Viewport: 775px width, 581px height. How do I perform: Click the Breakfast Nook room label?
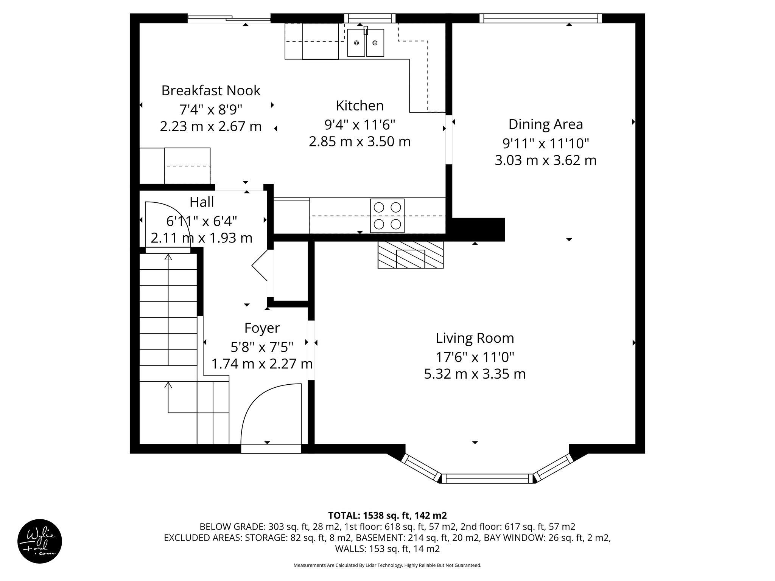pos(211,91)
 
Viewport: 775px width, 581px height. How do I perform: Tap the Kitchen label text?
pos(359,106)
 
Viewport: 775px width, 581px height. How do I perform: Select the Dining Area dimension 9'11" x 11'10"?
pos(545,143)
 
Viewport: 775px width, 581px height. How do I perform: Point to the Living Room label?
pos(475,338)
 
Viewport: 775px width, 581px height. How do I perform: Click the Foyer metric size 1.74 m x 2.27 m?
pos(262,364)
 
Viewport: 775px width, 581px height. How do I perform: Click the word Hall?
pos(202,202)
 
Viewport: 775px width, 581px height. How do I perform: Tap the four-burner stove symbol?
pos(387,216)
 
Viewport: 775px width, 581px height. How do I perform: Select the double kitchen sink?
pos(366,43)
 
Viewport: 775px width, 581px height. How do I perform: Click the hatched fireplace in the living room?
pos(410,255)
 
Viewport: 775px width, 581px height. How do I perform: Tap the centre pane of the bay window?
pos(487,478)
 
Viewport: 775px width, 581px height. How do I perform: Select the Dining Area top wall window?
pos(540,18)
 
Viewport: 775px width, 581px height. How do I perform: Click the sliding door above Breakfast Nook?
pos(229,18)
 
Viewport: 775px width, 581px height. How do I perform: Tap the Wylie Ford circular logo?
pos(40,541)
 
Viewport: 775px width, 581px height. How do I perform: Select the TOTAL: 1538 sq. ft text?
pos(387,515)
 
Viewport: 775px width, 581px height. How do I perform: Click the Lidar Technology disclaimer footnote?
pos(387,565)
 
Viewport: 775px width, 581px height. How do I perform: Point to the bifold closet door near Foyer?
pos(260,267)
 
